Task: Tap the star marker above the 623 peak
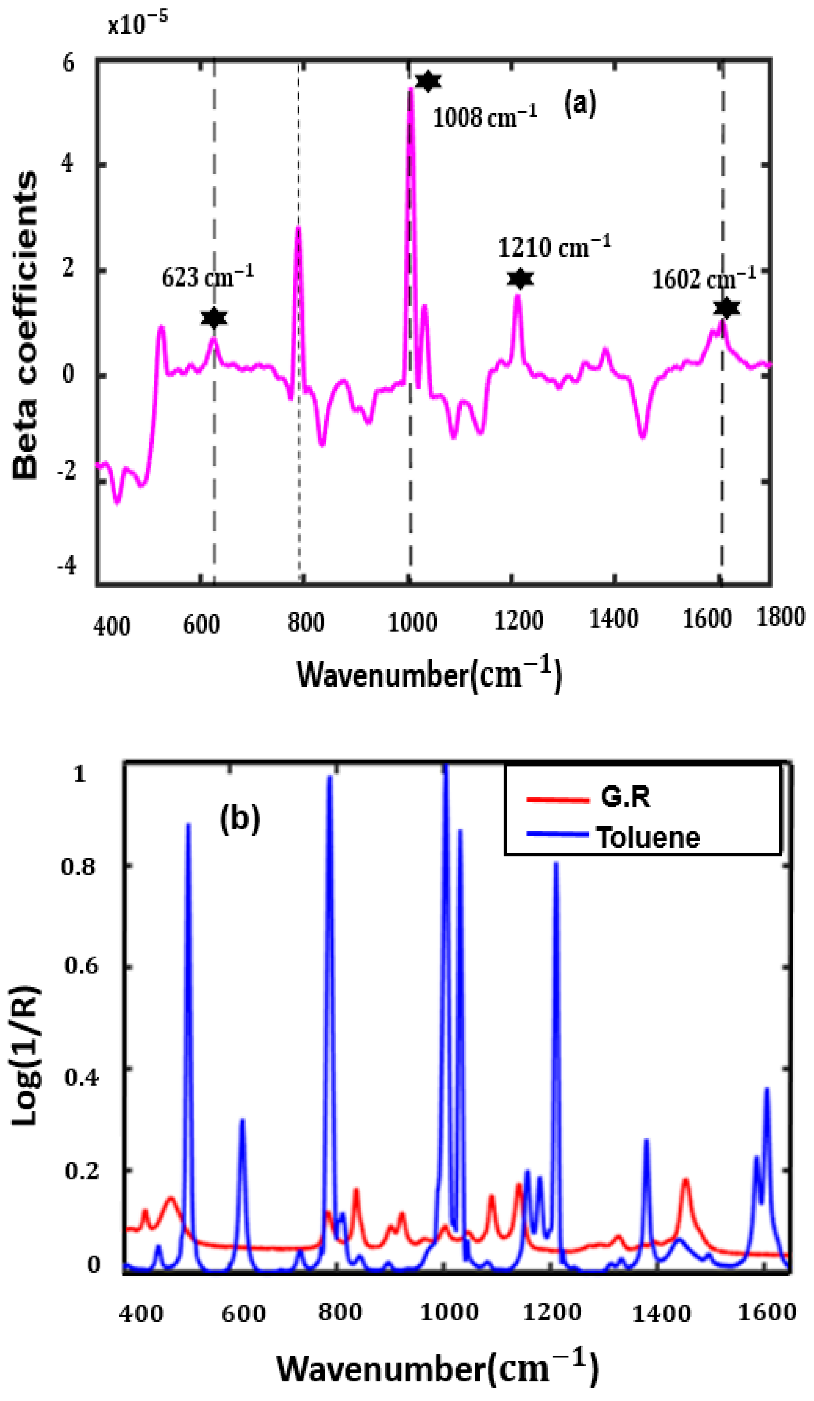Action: click(x=214, y=318)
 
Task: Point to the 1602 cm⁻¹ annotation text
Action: click(x=703, y=278)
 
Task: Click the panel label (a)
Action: click(x=580, y=104)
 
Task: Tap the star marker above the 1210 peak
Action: click(x=520, y=279)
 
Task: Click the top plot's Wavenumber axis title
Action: click(x=429, y=674)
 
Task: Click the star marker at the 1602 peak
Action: click(x=726, y=307)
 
